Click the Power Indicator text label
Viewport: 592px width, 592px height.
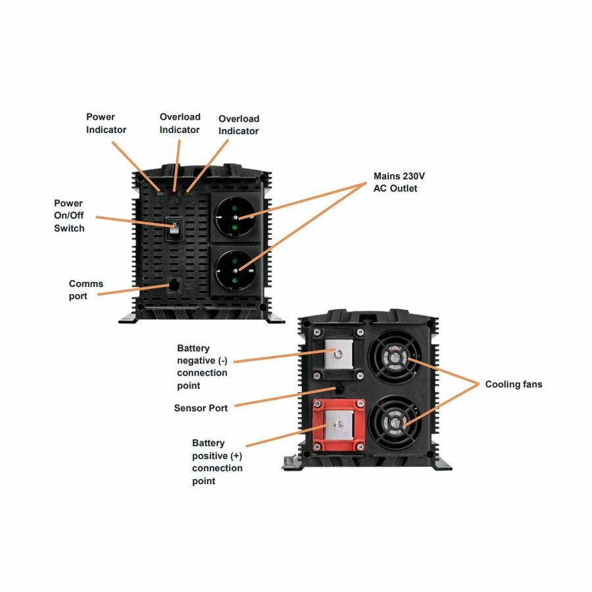(x=106, y=123)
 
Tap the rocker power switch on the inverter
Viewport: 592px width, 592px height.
(x=173, y=230)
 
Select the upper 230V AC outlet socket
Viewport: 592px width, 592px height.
(x=236, y=217)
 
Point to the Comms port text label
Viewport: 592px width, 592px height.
(x=86, y=290)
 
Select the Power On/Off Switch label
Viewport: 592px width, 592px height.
(x=69, y=216)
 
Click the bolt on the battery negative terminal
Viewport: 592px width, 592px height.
(x=338, y=354)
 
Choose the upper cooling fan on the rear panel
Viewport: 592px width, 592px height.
(x=396, y=359)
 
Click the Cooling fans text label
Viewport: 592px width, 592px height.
(x=514, y=384)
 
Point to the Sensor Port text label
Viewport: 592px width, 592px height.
(x=201, y=408)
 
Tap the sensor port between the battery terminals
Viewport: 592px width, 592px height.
(x=339, y=389)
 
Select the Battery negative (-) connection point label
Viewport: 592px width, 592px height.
(x=202, y=366)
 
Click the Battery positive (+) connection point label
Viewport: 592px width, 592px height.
(x=217, y=462)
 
